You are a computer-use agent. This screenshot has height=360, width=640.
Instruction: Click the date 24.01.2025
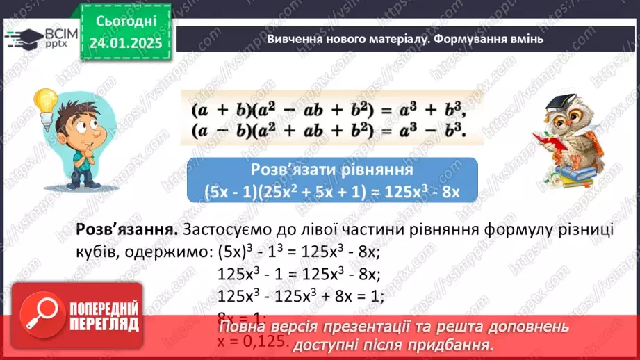124,43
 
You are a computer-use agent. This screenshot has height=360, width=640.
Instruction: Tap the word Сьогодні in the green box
124,22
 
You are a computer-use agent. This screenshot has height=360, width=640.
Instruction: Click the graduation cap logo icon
22,39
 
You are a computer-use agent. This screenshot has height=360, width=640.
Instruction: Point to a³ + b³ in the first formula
426,111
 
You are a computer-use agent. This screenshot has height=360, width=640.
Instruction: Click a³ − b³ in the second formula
426,130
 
